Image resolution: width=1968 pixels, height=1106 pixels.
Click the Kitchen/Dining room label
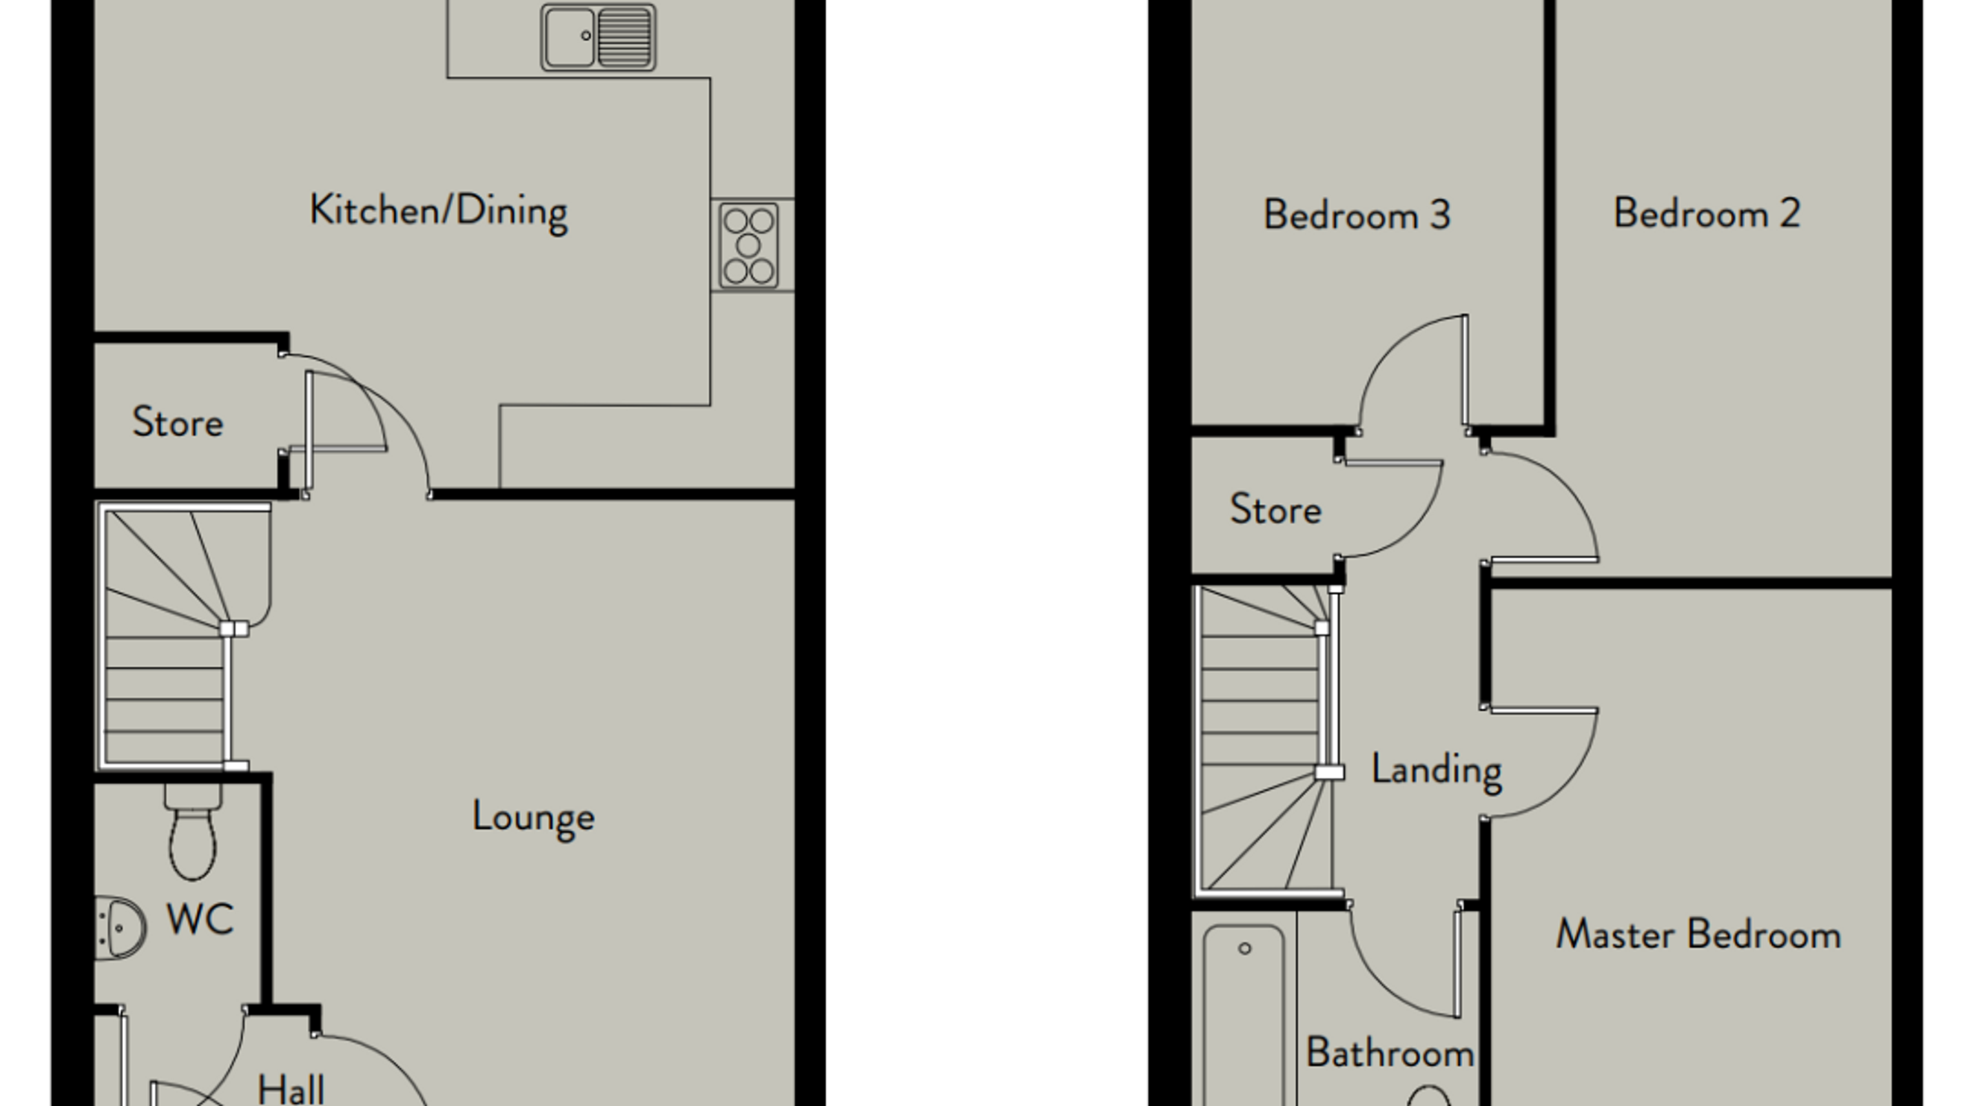coord(438,211)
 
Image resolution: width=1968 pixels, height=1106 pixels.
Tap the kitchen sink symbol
coord(598,37)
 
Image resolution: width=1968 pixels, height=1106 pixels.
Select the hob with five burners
coord(748,246)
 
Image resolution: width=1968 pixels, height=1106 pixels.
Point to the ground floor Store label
coord(177,423)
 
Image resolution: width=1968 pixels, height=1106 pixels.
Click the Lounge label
coord(533,818)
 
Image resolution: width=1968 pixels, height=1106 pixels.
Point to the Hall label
coord(291,1089)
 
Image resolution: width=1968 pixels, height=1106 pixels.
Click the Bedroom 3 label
coord(1357,215)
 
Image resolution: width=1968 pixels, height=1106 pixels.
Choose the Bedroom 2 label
coord(1707,213)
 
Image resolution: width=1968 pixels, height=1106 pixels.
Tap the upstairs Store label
coord(1275,510)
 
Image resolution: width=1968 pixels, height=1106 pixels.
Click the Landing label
coord(1436,770)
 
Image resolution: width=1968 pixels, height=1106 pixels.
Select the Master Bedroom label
coord(1698,935)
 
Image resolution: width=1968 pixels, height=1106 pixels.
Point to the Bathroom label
coord(1390,1053)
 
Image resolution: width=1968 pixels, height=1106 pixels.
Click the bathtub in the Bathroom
coord(1244,1016)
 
